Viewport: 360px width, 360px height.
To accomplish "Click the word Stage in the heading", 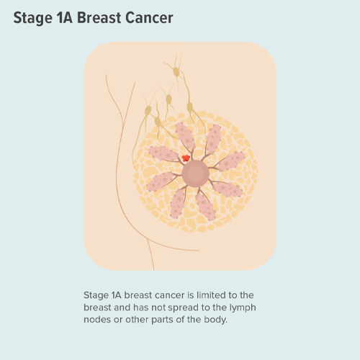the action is coord(32,18).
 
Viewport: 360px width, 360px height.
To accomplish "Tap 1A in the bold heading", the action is coord(65,18).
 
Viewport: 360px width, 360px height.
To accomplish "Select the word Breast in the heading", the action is coord(99,18).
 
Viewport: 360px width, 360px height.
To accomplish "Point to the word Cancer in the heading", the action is coord(149,18).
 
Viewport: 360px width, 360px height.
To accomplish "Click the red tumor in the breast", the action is coord(186,158).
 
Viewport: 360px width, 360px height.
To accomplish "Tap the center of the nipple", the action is coord(196,174).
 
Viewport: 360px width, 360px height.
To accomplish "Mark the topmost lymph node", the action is coord(176,72).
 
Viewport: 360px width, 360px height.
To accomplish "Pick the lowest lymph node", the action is coord(158,122).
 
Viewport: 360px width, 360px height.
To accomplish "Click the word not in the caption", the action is coord(158,307).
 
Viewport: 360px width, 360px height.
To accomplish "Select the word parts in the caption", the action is coord(163,320).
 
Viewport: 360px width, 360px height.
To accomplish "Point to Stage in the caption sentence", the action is coord(96,295).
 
